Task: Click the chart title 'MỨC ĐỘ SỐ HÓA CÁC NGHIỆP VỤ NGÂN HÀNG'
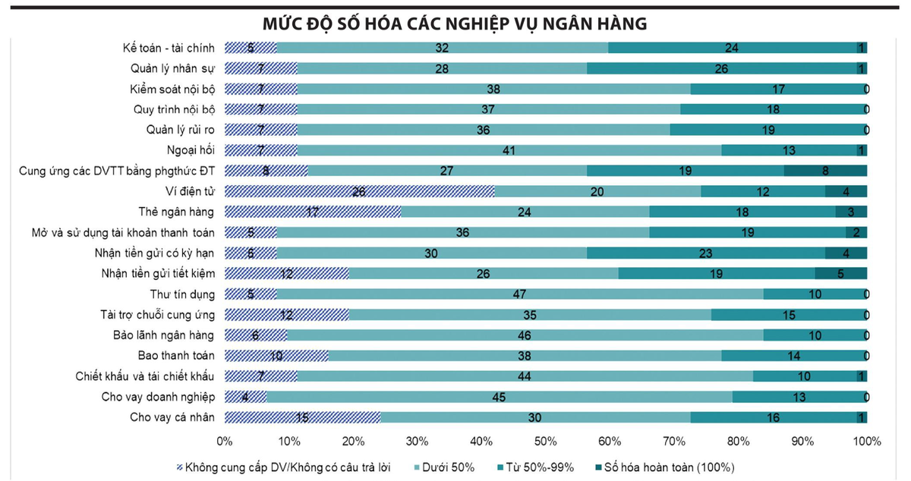click(x=455, y=23)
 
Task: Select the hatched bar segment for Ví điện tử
click(x=359, y=191)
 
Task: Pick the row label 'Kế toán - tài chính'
click(x=169, y=48)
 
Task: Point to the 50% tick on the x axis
click(x=546, y=441)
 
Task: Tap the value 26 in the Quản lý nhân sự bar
click(x=721, y=68)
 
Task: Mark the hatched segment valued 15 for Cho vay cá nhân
click(x=302, y=417)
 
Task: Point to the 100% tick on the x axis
click(x=866, y=441)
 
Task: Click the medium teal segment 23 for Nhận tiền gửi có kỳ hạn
click(x=706, y=253)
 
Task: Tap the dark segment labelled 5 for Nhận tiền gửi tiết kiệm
click(x=840, y=273)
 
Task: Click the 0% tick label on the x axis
click(x=225, y=441)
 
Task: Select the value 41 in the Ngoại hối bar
click(x=509, y=150)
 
